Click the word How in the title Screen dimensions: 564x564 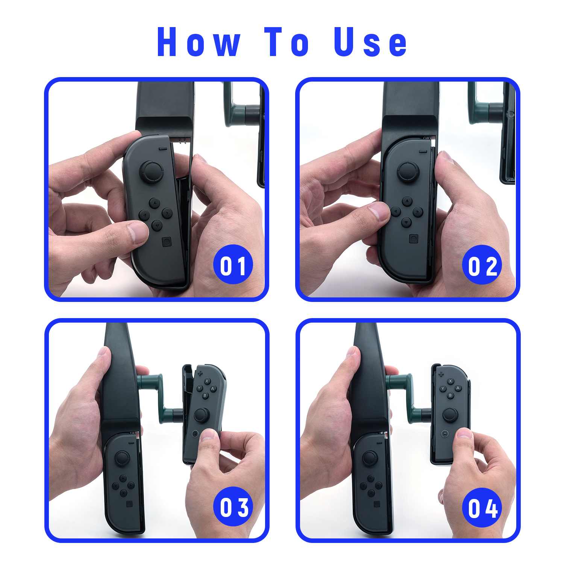tap(199, 42)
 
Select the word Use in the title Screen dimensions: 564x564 tap(370, 42)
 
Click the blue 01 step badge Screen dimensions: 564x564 tap(233, 265)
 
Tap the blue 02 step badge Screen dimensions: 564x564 tap(482, 265)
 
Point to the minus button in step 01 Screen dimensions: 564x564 tap(163, 149)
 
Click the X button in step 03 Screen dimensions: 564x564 tap(207, 381)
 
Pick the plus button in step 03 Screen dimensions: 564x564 tap(200, 373)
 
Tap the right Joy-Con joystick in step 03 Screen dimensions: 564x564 tap(202, 415)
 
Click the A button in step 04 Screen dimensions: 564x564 tap(458, 388)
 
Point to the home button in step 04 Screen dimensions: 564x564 tap(444, 434)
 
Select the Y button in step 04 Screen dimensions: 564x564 tap(443, 388)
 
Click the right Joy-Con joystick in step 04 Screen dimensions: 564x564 tap(450, 414)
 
